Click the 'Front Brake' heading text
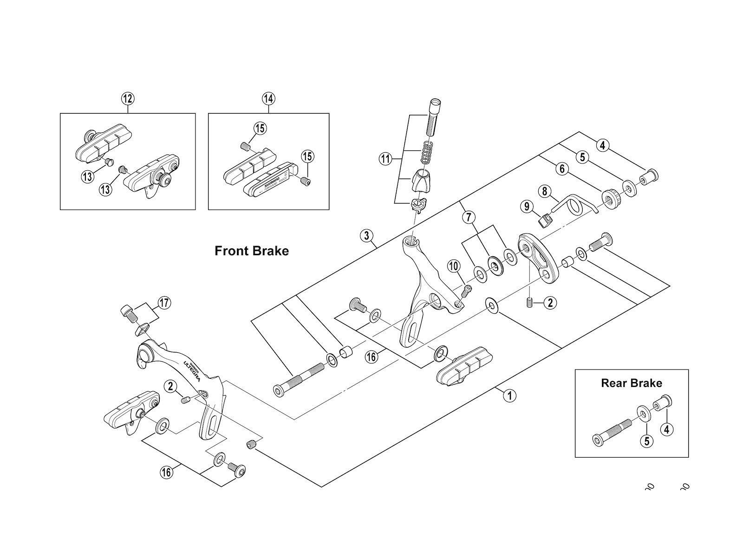click(251, 251)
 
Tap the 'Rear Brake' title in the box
click(631, 383)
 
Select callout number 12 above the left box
click(127, 98)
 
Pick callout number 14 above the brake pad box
click(268, 98)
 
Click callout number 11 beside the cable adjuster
click(385, 160)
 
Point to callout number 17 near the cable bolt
click(164, 303)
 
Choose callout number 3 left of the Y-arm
click(366, 236)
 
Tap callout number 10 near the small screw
click(454, 266)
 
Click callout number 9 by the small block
click(526, 206)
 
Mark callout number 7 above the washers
click(469, 217)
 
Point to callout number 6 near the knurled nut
click(562, 169)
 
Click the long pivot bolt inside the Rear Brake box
click(612, 430)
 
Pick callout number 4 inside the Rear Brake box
click(667, 429)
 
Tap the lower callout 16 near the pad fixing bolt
click(166, 472)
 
